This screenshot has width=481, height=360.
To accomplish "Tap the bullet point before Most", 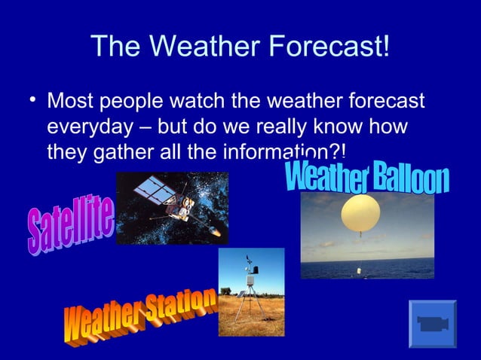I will [31, 99].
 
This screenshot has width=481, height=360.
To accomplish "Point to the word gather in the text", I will [119, 153].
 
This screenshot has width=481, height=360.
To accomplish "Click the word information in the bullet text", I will [283, 153].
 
